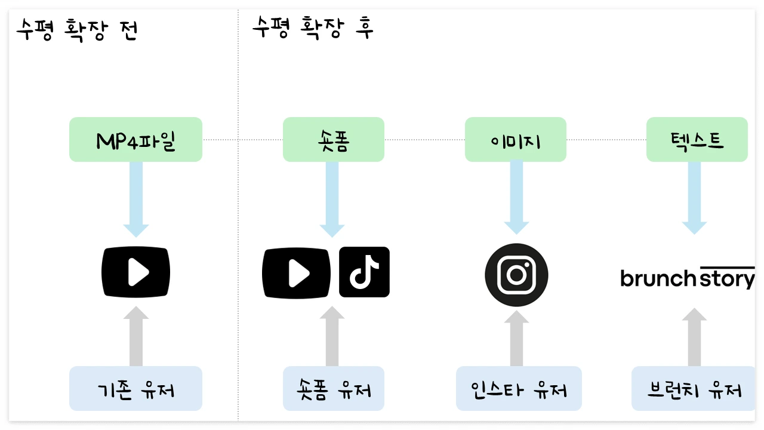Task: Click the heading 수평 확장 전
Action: [x=77, y=30]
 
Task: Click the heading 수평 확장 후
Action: [x=313, y=27]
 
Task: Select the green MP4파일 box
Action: [x=135, y=140]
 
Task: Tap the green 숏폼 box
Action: [x=334, y=140]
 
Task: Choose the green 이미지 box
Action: [x=516, y=140]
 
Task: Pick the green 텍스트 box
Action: [x=697, y=140]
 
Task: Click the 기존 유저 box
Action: [x=135, y=388]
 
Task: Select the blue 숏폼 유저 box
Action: [x=334, y=388]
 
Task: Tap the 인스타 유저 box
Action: [x=519, y=388]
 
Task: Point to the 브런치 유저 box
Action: [x=694, y=388]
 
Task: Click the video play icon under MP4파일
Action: [x=135, y=272]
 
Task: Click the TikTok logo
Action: [x=364, y=272]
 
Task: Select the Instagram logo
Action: [x=516, y=275]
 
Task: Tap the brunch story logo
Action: [x=688, y=278]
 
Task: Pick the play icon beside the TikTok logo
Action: [x=297, y=274]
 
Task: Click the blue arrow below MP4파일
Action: [x=136, y=199]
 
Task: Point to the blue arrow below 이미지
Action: [x=516, y=198]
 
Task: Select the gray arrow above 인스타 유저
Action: [x=516, y=339]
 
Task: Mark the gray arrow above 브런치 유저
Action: [x=694, y=337]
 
